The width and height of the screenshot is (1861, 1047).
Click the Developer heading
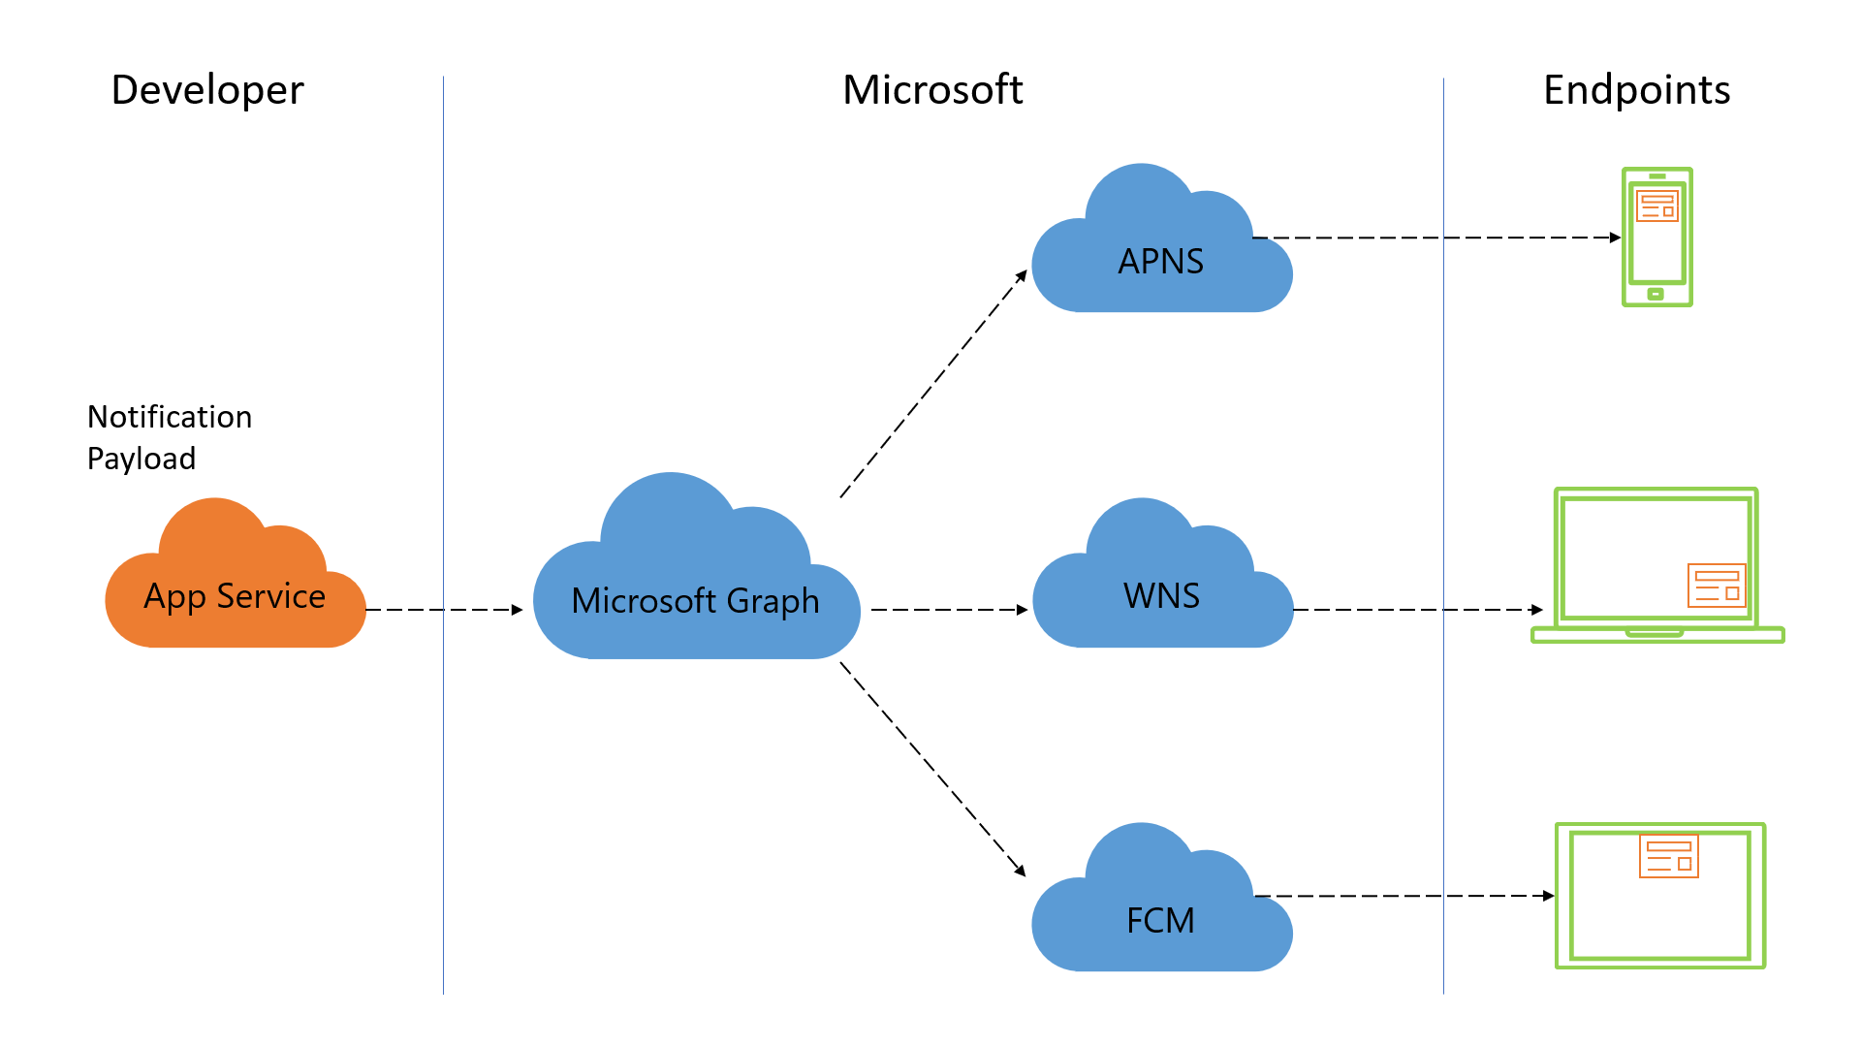pos(207,90)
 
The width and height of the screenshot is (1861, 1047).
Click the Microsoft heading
pos(932,90)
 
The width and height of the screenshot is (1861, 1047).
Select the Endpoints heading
pos(1636,90)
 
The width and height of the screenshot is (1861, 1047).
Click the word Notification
pos(170,417)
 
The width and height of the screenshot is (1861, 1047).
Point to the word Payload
pos(142,459)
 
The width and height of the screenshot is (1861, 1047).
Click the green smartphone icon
pos(1656,238)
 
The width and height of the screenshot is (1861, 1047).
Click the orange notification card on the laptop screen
pos(1717,586)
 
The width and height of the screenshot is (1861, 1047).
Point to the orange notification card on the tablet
pos(1668,855)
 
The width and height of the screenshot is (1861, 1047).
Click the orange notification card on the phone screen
pos(1656,206)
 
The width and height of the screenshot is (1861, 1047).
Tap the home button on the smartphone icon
pos(1656,293)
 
